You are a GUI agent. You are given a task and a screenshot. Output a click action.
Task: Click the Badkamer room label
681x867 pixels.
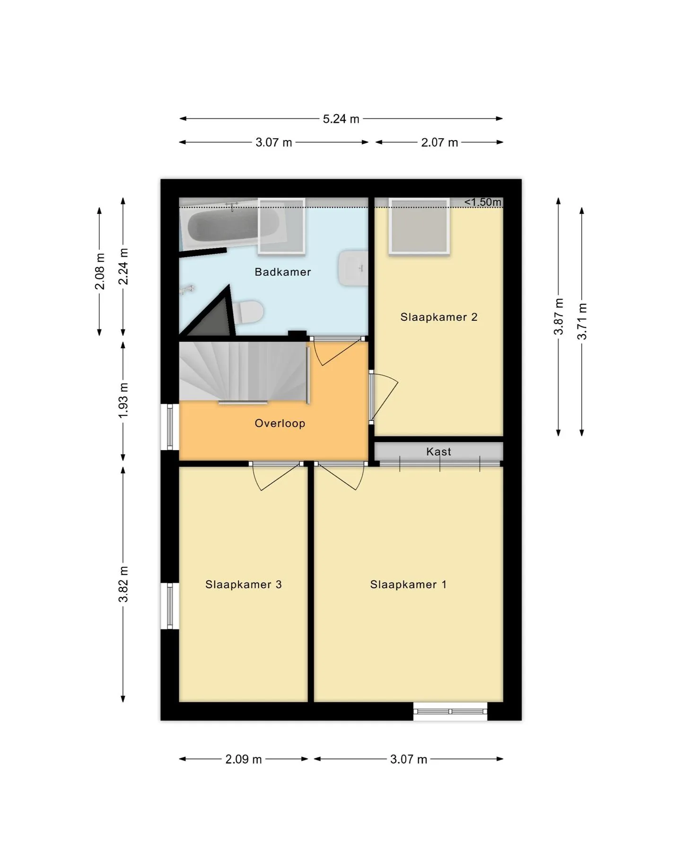(x=282, y=272)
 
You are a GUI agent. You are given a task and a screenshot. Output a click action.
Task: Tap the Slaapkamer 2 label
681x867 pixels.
(x=439, y=317)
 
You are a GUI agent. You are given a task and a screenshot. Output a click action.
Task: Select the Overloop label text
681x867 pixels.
(x=280, y=424)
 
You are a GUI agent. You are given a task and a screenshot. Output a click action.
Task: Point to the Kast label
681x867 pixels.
(x=439, y=451)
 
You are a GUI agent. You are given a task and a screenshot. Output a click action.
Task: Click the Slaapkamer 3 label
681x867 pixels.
(x=244, y=584)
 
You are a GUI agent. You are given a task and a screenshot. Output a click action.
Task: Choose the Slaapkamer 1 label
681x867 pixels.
(x=408, y=584)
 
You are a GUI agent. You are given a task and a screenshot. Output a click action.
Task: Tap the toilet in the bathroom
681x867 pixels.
(x=247, y=312)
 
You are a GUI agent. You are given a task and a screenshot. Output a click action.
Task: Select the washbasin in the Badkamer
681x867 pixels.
(x=353, y=268)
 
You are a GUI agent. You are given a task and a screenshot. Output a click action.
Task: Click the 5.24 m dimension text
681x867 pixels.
(x=341, y=119)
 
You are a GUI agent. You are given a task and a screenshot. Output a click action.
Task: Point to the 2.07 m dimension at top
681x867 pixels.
(x=439, y=142)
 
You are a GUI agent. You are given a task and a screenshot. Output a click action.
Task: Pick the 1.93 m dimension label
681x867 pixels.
(x=123, y=400)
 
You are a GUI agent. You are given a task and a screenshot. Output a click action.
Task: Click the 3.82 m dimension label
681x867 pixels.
(x=123, y=584)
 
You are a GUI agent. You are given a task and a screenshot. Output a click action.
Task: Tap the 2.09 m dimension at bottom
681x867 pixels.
(x=244, y=760)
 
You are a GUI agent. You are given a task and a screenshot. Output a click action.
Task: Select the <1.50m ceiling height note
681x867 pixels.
(x=482, y=202)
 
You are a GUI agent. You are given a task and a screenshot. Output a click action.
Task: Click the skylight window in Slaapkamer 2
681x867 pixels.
(x=419, y=226)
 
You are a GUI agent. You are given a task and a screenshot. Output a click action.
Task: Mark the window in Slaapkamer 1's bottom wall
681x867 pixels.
(x=450, y=711)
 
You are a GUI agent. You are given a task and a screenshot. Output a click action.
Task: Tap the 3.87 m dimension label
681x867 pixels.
(x=559, y=317)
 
